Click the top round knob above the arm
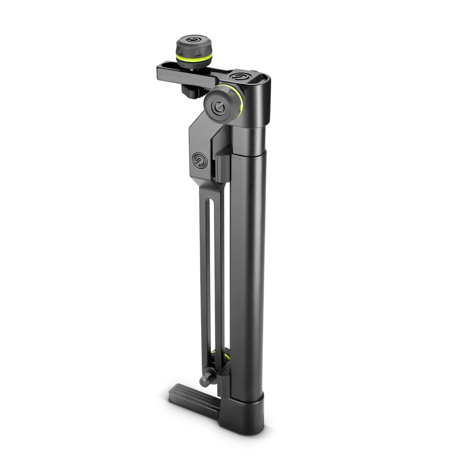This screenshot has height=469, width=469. coord(194,47)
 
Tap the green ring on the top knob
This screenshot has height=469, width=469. coord(194,57)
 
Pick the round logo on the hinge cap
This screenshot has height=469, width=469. coord(240,76)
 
